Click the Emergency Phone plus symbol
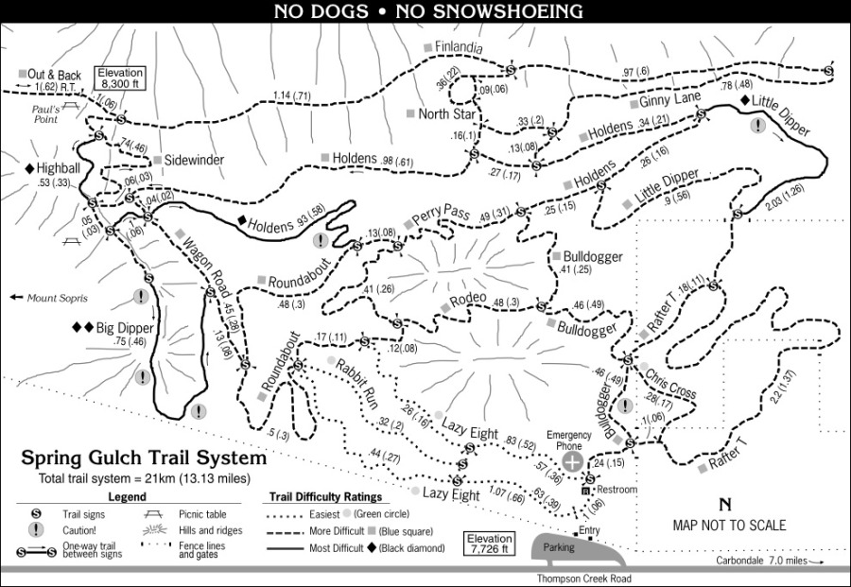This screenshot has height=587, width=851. pos(573,460)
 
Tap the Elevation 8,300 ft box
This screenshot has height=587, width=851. pos(119,77)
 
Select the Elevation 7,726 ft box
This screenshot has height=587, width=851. pos(491,544)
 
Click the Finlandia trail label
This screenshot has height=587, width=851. pos(459,45)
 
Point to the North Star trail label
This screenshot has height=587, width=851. pos(446,114)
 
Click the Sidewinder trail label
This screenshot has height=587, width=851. pos(194,161)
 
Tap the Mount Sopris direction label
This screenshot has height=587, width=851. pos(56,298)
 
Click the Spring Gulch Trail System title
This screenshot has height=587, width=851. pos(144,458)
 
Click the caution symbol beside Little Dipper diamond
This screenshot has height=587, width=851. pos(757,125)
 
